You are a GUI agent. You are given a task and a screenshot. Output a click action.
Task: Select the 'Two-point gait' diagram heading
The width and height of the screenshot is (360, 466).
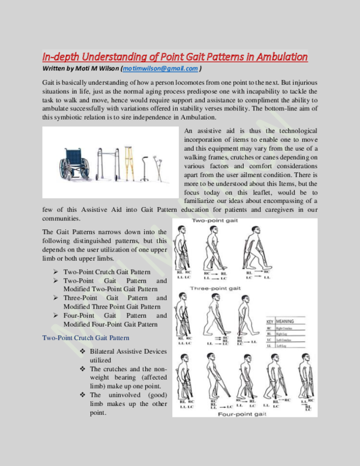(214, 222)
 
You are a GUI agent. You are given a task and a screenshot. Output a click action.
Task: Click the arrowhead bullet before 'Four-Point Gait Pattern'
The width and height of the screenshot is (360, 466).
(56, 315)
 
